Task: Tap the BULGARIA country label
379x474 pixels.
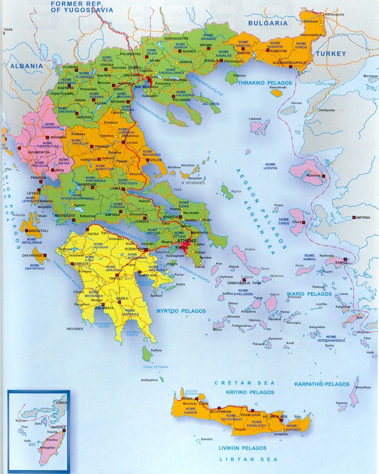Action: tap(268, 23)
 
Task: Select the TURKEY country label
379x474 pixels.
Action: tap(331, 54)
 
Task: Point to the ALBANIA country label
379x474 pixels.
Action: tap(27, 66)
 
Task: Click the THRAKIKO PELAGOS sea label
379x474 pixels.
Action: tap(265, 83)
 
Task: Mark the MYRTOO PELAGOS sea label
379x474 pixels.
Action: tap(181, 311)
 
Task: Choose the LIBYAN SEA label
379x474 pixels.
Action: tap(248, 459)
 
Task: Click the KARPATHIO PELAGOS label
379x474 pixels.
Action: tap(321, 384)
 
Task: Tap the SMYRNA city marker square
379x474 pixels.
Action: tap(354, 217)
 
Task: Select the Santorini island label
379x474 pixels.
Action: tap(275, 338)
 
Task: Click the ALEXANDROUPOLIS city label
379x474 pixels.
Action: tap(289, 62)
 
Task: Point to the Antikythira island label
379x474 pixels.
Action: tap(149, 380)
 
